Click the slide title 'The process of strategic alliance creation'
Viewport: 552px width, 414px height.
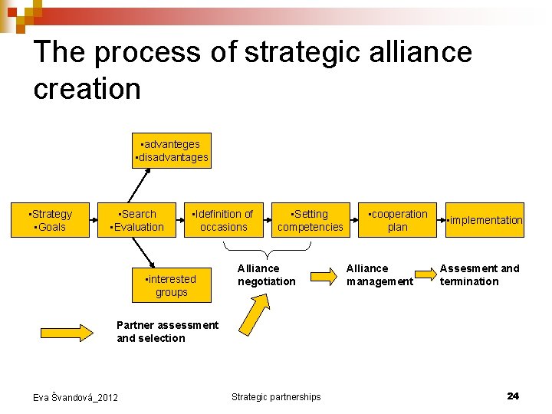(x=253, y=70)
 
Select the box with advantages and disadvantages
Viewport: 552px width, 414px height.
(x=171, y=151)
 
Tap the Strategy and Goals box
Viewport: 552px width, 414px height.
(x=50, y=221)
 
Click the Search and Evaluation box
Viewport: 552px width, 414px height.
(x=138, y=221)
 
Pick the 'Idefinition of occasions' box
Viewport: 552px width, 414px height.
(x=223, y=221)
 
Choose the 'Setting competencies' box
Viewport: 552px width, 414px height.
(x=310, y=221)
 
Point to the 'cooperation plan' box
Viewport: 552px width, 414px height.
(x=397, y=221)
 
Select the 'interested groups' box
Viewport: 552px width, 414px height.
(x=171, y=286)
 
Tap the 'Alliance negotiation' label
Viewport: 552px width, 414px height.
(x=266, y=275)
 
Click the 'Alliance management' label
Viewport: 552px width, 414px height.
(x=379, y=275)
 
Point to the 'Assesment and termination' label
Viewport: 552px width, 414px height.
(x=479, y=275)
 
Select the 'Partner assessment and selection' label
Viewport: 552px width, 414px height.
(x=167, y=331)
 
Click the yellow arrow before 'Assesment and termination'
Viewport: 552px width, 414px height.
(x=425, y=274)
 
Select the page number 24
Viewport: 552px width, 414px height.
(x=513, y=396)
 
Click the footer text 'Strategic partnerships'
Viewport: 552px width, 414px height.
(x=276, y=396)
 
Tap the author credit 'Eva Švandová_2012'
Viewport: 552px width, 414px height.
(x=75, y=397)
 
